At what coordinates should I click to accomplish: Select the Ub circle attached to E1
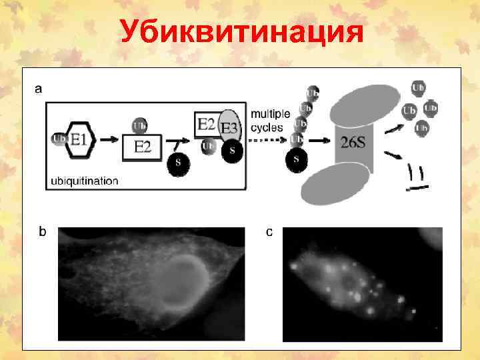[x=58, y=139]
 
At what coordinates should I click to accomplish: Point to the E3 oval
[x=229, y=126]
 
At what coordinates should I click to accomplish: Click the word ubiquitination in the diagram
[x=85, y=180]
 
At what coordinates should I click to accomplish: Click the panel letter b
[x=43, y=232]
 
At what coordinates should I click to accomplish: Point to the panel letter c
[x=269, y=232]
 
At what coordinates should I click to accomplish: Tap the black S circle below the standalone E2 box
[x=177, y=165]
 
